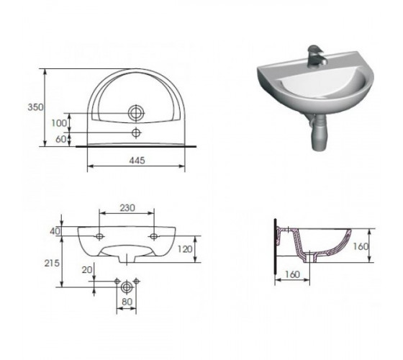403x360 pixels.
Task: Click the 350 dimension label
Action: pos(35,107)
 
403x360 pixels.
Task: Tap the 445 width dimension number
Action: pos(137,161)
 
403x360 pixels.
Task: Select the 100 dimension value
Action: pos(59,123)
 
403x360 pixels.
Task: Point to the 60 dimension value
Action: pos(61,139)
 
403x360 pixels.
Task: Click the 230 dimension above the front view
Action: pos(127,207)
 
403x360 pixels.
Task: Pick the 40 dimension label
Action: pos(55,231)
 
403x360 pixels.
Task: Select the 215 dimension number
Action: pos(52,263)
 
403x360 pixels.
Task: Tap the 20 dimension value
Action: pos(87,270)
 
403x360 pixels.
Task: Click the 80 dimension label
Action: pos(127,302)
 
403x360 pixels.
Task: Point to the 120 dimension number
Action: pos(185,249)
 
